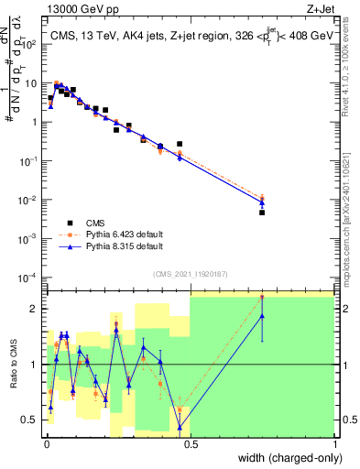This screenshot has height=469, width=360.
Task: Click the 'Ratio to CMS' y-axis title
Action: (13, 365)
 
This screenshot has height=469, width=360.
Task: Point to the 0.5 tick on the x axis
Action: (191, 443)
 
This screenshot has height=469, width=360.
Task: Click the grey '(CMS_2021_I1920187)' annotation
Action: (191, 273)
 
